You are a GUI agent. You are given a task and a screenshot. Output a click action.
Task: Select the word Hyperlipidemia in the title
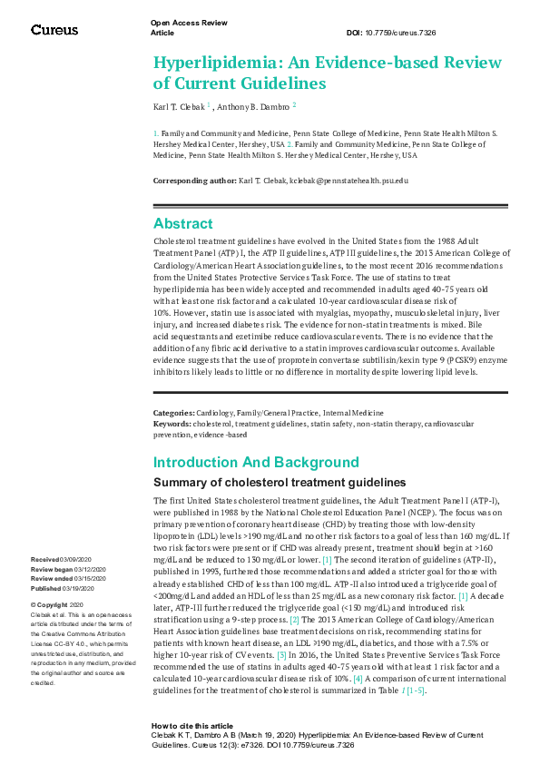[208, 63]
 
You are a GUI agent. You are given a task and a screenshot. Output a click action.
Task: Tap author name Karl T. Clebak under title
[179, 106]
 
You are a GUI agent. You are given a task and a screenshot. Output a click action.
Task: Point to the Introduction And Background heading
[256, 462]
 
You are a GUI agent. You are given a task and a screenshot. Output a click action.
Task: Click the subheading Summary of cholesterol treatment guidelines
[279, 482]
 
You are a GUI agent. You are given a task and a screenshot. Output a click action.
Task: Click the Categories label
[174, 413]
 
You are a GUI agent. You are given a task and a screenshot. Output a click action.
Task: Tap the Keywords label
[172, 423]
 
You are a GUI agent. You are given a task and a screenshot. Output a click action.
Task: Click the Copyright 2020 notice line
[57, 604]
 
